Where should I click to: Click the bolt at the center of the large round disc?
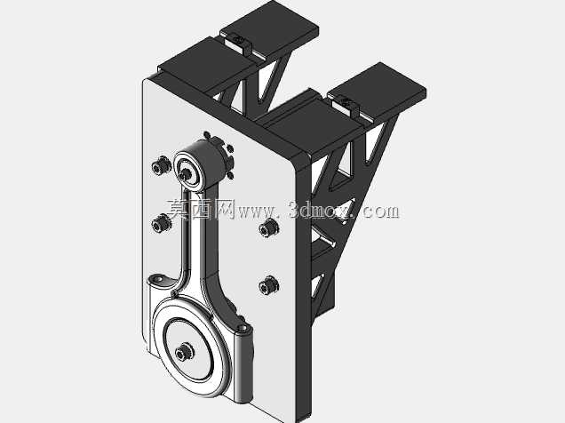184,352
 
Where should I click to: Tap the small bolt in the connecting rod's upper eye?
186,174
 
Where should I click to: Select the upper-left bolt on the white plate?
161,165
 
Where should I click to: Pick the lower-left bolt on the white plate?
161,223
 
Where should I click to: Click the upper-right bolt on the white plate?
269,228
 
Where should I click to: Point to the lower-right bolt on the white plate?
268,286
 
